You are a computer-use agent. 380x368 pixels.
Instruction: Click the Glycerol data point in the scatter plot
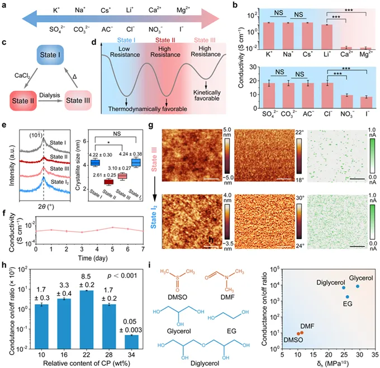[x=358, y=286]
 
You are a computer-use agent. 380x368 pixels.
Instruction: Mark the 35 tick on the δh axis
[x=372, y=356]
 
